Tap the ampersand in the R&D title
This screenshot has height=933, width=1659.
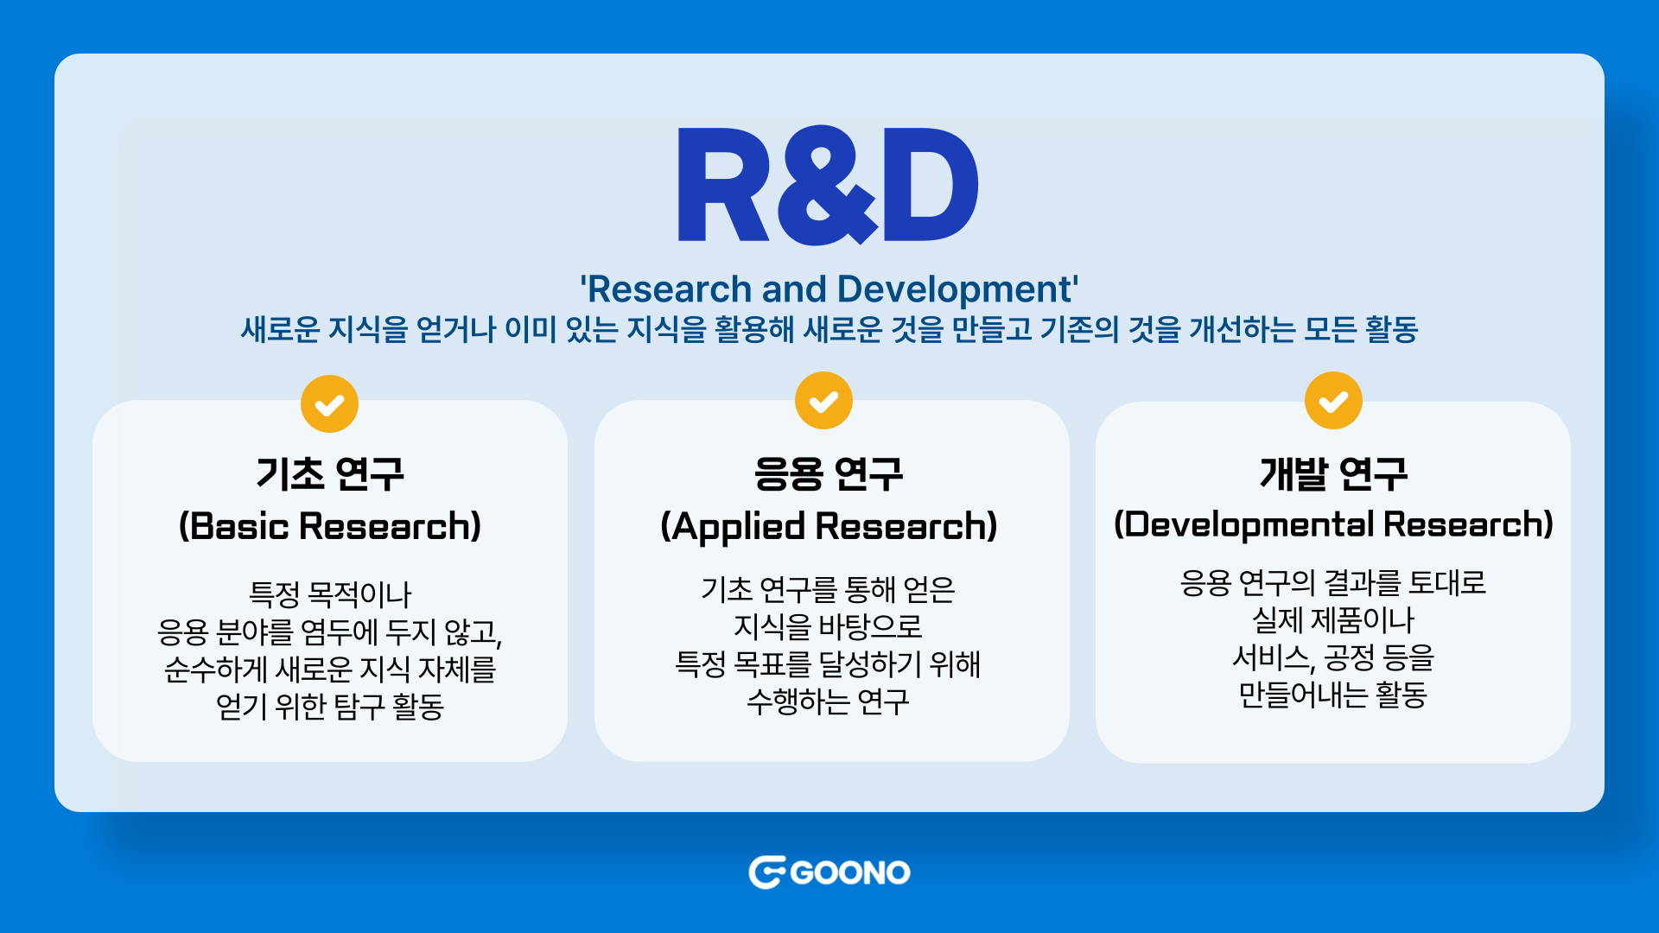coord(827,185)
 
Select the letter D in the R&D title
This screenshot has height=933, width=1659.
coord(931,185)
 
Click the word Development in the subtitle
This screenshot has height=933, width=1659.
coord(957,289)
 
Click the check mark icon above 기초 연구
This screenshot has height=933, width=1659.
coord(329,403)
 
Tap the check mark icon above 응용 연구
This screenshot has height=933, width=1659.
coord(823,401)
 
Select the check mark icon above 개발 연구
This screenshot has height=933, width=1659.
coord(1333,401)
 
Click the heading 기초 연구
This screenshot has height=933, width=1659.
coord(330,473)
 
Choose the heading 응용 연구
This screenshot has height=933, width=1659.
coord(829,473)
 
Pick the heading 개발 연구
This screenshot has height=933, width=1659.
coord(1333,473)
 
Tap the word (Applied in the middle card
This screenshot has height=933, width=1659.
coord(733,527)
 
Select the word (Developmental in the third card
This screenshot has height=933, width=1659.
coord(1244,524)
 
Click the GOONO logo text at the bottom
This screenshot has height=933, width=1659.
coord(850,873)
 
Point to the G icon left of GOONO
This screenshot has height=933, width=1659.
coord(766,873)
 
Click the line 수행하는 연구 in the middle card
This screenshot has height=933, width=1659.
coord(828,701)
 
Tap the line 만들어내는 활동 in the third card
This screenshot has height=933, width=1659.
coord(1333,695)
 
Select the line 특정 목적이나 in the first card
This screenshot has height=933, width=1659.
coord(330,594)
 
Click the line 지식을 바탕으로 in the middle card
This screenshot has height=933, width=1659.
coord(828,626)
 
